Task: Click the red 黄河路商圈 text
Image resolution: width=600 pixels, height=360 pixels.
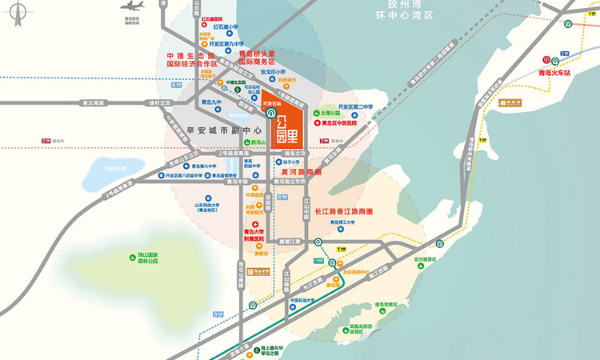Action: click(301, 172)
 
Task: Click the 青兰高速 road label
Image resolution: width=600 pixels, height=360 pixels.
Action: click(94, 102)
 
